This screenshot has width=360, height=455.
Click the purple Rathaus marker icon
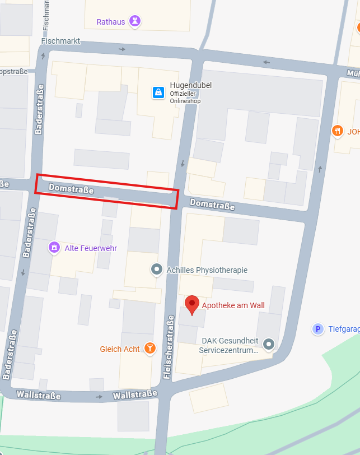[x=134, y=22]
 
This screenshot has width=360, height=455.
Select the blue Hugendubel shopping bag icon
[x=158, y=92]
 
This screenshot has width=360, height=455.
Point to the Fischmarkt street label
[x=61, y=41]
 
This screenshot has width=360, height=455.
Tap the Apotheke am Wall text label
[x=233, y=305]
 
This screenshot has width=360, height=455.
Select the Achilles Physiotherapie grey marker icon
[x=157, y=270]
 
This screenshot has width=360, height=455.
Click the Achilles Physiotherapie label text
[x=207, y=270]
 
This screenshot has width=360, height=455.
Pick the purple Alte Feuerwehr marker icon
[x=54, y=247]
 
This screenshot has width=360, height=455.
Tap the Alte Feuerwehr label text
[x=91, y=248]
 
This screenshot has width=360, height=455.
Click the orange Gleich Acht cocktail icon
[x=149, y=349]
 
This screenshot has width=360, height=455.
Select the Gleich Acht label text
[x=120, y=349]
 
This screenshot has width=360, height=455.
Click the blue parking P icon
[x=318, y=329]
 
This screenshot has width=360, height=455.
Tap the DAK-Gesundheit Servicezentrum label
[x=230, y=345]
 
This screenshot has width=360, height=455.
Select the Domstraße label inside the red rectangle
[x=71, y=189]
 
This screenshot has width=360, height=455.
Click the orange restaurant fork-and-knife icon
[x=337, y=131]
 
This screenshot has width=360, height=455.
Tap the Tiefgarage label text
[x=344, y=329]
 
